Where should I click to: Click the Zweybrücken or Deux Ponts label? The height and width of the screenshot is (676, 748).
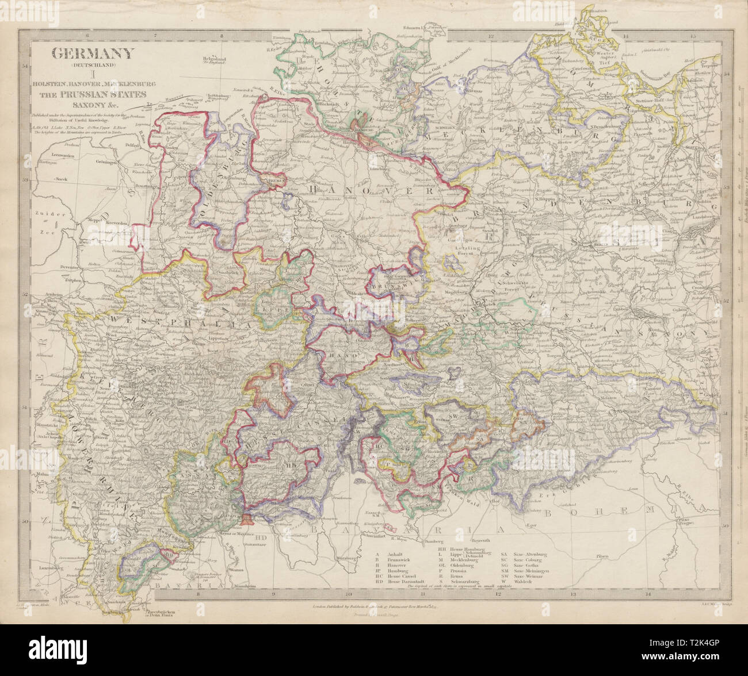click(x=158, y=613)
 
